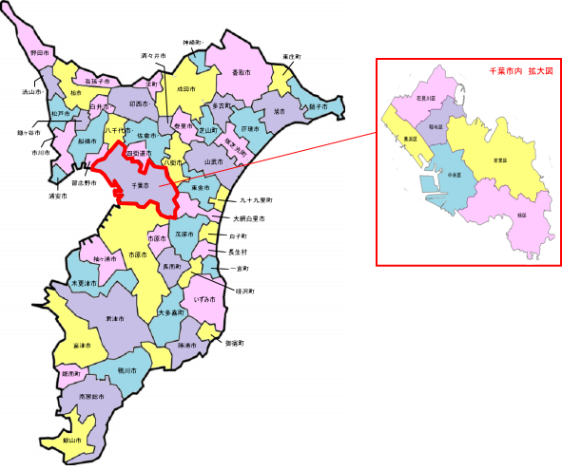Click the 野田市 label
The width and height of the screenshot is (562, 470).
pos(40,53)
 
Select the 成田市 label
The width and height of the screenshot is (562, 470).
pos(185,88)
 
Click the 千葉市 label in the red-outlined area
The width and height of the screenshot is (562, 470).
pos(140,185)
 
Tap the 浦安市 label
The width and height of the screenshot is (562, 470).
pos(59,197)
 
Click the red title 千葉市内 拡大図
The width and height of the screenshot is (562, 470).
pos(520,71)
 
